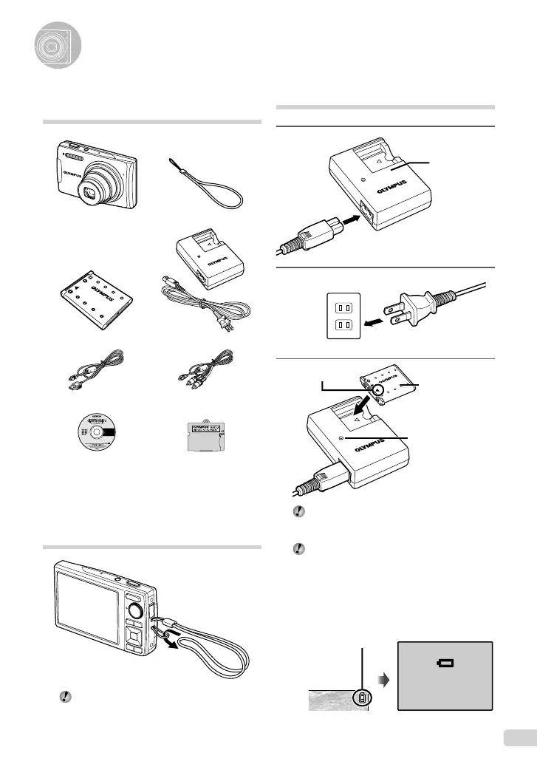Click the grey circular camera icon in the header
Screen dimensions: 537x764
click(56, 46)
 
